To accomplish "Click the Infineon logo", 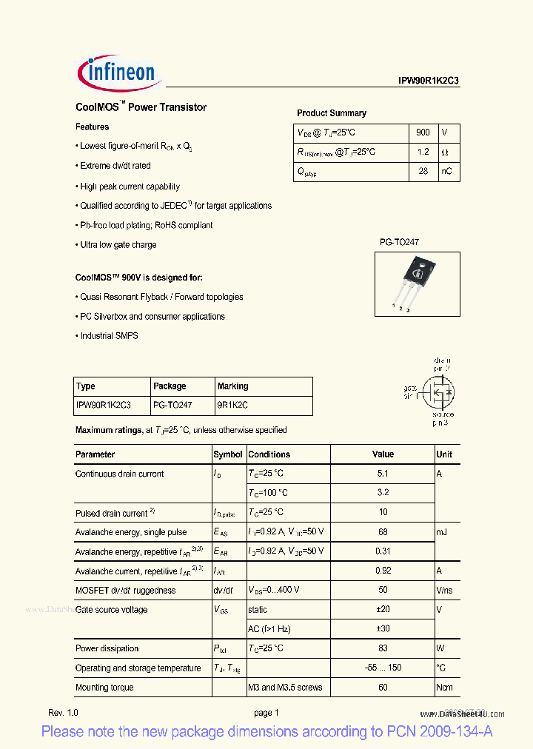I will click(117, 71).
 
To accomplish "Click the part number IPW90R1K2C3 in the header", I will click(429, 82).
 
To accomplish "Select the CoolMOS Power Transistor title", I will click(141, 107).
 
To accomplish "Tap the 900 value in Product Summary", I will click(423, 132).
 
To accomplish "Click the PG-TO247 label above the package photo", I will click(400, 242).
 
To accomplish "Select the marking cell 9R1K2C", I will click(232, 405).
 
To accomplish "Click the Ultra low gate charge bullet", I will click(118, 245).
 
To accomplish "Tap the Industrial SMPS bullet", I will click(108, 336).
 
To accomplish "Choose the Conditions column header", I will click(269, 454).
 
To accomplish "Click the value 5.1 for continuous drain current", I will click(383, 474).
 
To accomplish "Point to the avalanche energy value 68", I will click(383, 532).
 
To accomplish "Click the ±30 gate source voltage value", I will click(383, 629).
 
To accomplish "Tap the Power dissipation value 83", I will click(383, 648).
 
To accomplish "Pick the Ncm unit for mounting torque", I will click(444, 688).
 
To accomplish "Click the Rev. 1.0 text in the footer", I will click(63, 713).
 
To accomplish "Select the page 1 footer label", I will click(266, 713).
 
